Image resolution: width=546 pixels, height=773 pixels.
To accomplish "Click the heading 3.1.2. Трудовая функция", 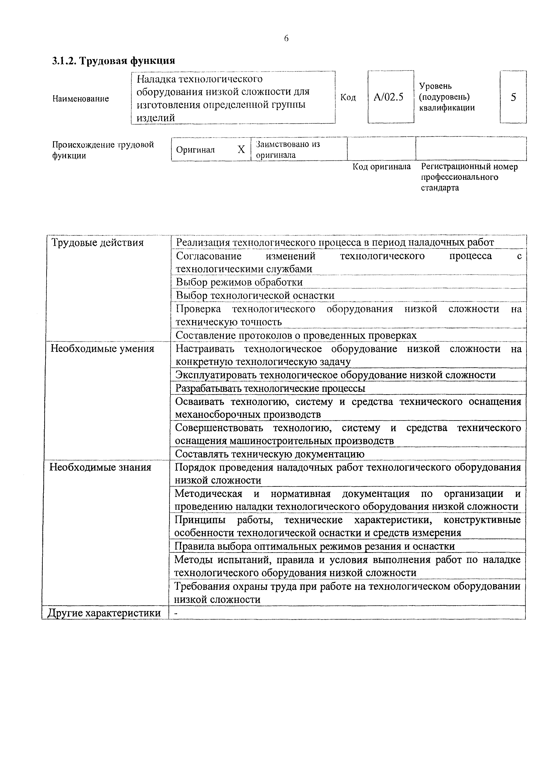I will (x=113, y=61).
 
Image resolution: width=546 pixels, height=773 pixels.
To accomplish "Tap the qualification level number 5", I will (x=513, y=97).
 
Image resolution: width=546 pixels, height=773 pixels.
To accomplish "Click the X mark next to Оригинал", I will (x=241, y=149).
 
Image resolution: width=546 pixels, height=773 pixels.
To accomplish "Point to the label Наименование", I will (x=81, y=99).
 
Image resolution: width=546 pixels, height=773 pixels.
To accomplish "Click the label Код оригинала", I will (x=381, y=167).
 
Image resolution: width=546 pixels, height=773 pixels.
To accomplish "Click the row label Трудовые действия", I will (x=97, y=242).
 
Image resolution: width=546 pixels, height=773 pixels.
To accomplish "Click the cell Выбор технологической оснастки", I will (x=255, y=295).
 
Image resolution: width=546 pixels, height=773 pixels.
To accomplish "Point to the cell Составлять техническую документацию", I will (x=269, y=454).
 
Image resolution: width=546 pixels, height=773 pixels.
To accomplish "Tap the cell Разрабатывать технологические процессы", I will (x=270, y=388).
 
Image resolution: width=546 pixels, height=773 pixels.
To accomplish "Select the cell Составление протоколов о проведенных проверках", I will (x=296, y=335).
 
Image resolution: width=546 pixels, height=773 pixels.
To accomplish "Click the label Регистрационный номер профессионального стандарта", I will (x=469, y=177).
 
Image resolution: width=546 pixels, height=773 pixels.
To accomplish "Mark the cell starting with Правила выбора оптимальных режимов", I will (x=315, y=546).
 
